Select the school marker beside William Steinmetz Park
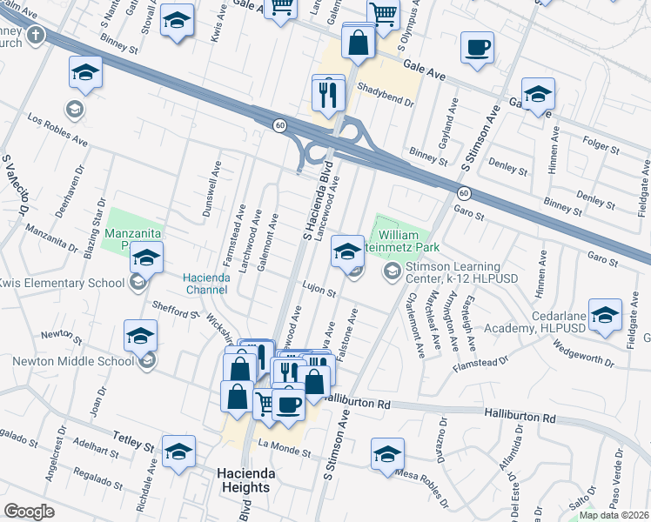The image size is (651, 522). (x=347, y=253)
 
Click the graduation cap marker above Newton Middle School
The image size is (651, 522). (x=140, y=336)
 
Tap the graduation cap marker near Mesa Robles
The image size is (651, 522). (x=387, y=454)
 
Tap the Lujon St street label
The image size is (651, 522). (x=319, y=293)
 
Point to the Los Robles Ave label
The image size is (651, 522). (x=57, y=127)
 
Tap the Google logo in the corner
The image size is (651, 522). (x=30, y=511)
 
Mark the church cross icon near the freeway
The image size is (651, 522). (x=35, y=36)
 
